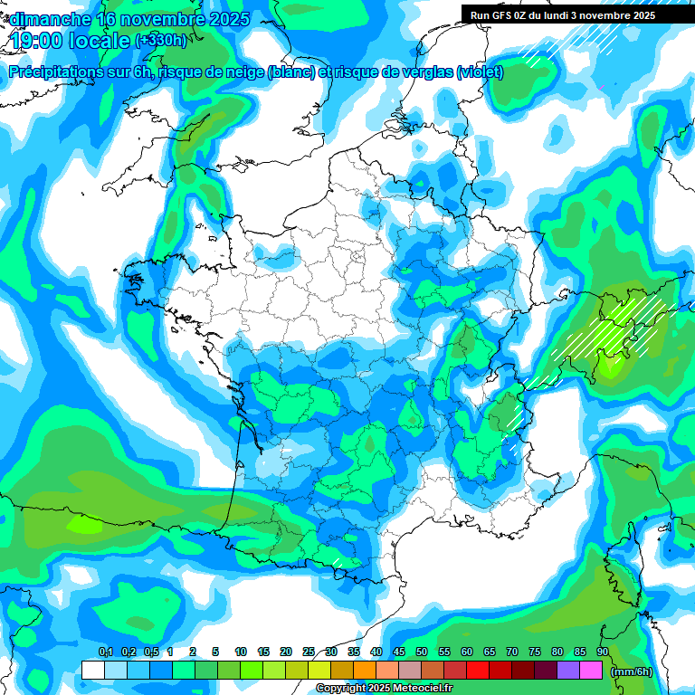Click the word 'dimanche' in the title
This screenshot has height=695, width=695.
50,19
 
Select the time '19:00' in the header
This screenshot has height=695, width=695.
33,41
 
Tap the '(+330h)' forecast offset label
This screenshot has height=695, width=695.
161,41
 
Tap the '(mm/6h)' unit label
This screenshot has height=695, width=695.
631,671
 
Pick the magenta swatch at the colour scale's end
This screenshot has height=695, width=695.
591,671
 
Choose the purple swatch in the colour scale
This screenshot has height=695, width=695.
568,671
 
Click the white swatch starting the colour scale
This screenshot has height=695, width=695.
93,671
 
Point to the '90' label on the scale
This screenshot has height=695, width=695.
603,652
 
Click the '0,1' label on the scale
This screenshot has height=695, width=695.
105,652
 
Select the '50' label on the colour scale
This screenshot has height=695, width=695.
422,652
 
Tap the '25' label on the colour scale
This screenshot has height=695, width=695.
309,652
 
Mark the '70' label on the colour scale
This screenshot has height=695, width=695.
512,652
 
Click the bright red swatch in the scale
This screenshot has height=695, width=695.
478,671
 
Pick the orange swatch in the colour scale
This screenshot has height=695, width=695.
365,671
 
